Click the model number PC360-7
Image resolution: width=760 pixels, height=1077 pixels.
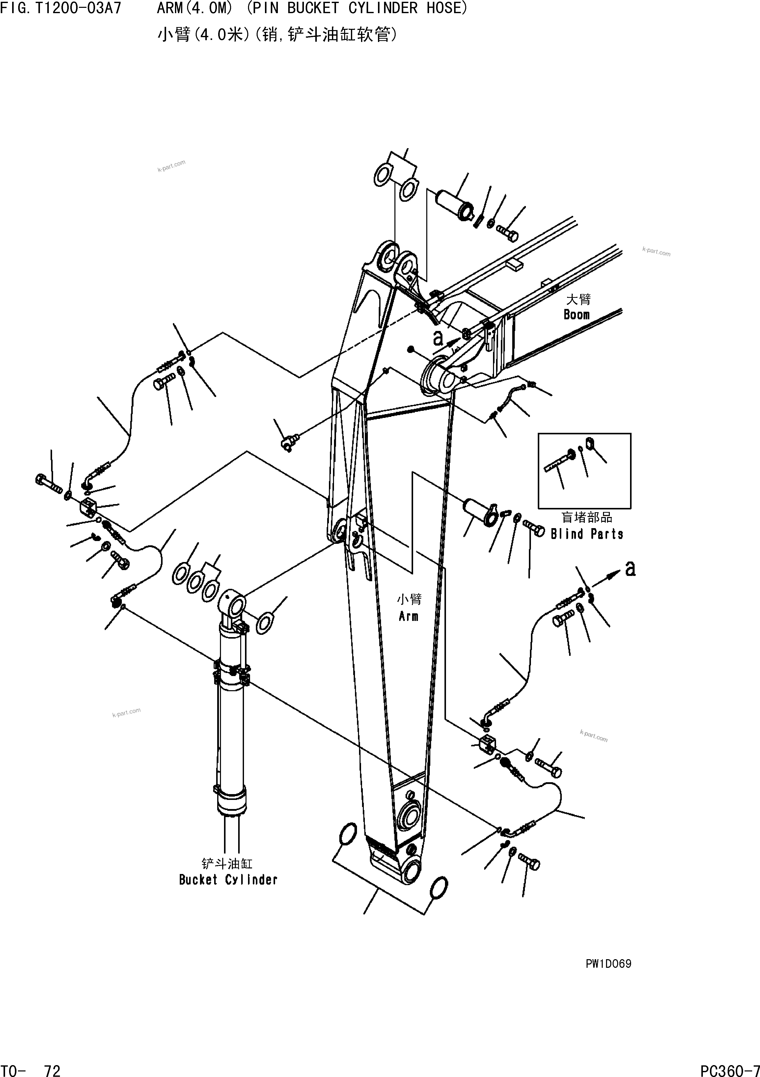729,1069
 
